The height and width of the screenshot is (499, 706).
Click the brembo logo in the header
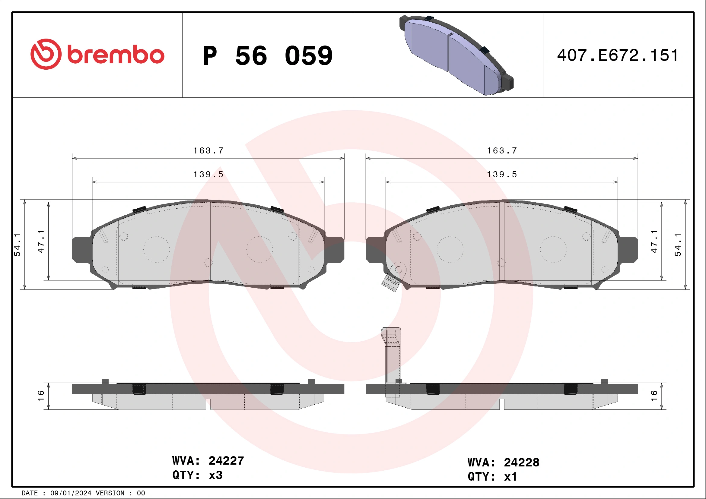tap(97, 54)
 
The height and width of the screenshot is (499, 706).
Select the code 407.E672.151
tap(617, 55)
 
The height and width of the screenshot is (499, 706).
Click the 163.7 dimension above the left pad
tap(208, 151)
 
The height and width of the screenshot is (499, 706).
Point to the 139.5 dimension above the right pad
tap(501, 175)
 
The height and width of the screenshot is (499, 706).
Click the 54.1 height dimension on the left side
tap(17, 244)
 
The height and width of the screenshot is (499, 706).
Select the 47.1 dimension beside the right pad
tap(654, 241)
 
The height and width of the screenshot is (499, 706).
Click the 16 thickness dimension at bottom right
tap(654, 396)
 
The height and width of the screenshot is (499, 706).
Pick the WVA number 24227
tap(226, 461)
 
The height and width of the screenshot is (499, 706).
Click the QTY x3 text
tap(197, 475)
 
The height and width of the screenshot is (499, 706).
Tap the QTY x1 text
tap(492, 477)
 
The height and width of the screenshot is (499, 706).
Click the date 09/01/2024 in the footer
tap(71, 493)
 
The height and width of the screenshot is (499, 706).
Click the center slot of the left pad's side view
tap(208, 404)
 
